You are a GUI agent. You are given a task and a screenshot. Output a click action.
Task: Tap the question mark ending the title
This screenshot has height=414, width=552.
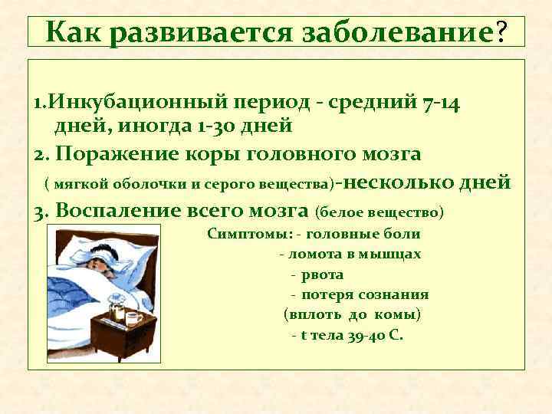501,32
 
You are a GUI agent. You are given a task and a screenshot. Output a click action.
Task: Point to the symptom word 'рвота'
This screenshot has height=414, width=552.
322,274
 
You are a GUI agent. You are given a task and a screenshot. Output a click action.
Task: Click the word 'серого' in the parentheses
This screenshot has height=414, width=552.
222,184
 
